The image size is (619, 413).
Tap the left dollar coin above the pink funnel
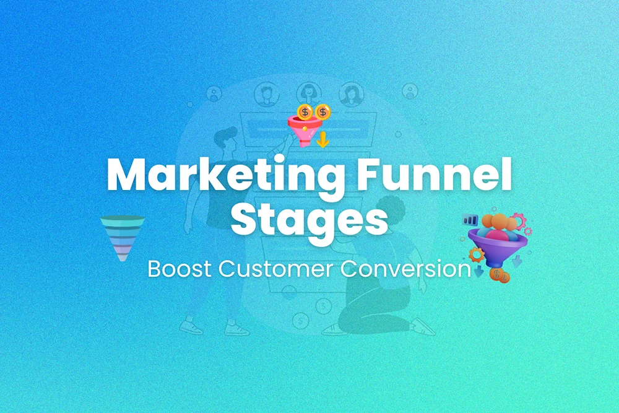click(305, 112)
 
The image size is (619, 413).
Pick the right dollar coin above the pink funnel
click(322, 111)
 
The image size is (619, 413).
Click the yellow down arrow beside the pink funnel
click(322, 141)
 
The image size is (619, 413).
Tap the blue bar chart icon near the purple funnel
click(470, 219)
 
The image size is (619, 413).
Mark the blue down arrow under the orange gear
click(478, 271)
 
